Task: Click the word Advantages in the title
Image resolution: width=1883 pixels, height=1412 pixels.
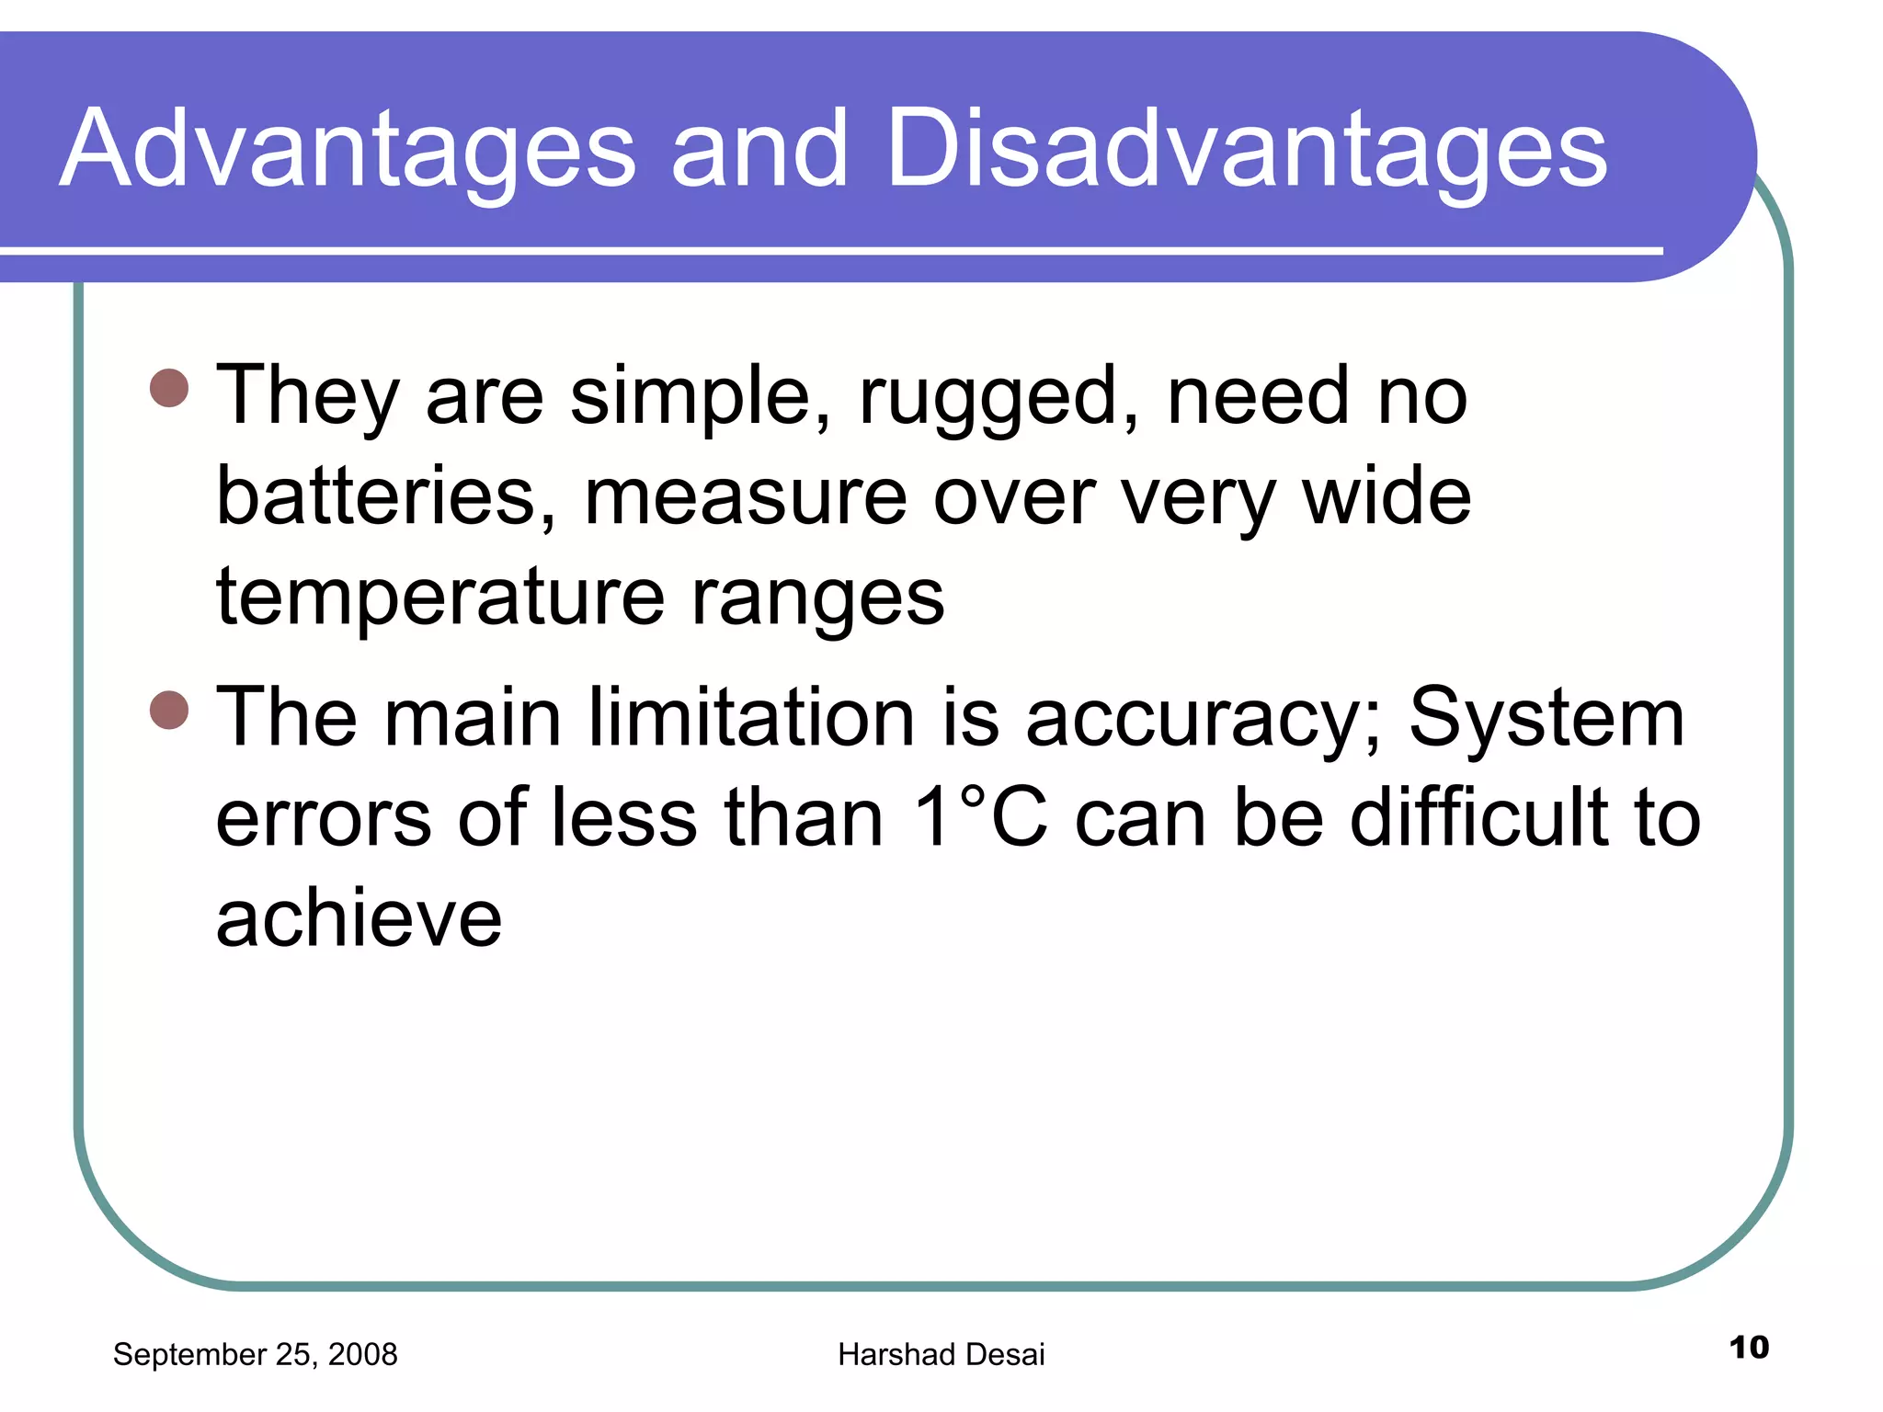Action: [x=348, y=150]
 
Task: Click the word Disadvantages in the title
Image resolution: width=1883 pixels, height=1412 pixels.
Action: [x=1247, y=150]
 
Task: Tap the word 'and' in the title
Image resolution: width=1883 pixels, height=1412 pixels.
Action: [x=759, y=150]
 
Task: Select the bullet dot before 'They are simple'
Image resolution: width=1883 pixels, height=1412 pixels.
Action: [x=169, y=388]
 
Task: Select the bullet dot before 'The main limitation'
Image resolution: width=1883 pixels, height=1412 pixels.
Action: [x=169, y=710]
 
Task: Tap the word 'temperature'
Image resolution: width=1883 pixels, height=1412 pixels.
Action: [x=440, y=598]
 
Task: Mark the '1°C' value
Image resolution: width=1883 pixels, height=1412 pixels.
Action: [x=980, y=817]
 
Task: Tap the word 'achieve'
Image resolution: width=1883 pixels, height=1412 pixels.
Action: [x=359, y=918]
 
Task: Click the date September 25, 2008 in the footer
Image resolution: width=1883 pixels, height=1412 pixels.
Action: [x=255, y=1354]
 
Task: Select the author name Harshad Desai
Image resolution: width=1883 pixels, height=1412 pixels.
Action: [x=941, y=1354]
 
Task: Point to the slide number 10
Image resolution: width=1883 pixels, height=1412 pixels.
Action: [x=1749, y=1348]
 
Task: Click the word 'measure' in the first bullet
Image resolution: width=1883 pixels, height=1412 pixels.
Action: [x=746, y=498]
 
